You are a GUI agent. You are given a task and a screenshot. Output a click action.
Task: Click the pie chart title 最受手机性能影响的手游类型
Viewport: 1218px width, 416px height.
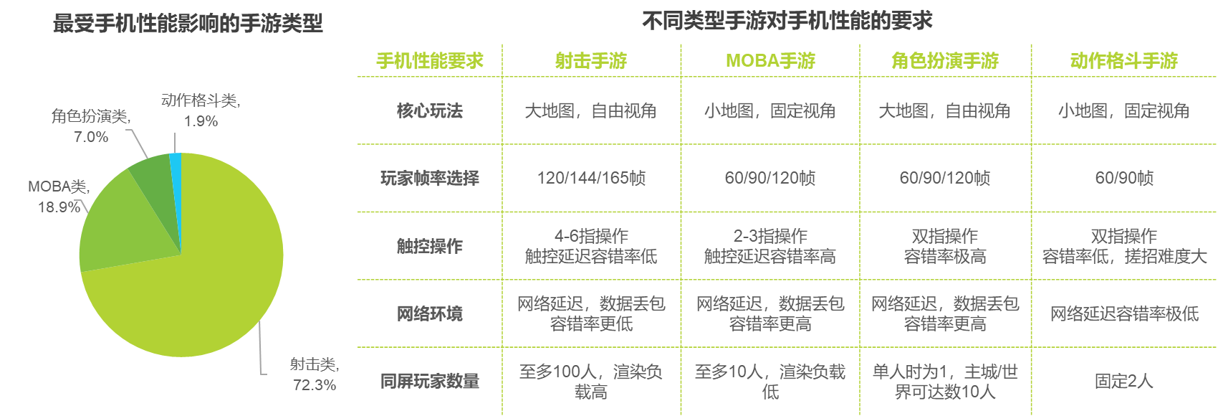click(188, 24)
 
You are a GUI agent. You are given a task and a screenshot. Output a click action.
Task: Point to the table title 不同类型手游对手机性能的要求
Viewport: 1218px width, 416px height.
click(787, 21)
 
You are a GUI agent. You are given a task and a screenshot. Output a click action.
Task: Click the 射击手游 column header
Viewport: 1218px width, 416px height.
click(591, 61)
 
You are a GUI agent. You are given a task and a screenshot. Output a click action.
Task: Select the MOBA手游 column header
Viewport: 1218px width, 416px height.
click(770, 61)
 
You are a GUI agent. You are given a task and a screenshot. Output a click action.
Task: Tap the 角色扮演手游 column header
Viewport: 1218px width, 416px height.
click(944, 61)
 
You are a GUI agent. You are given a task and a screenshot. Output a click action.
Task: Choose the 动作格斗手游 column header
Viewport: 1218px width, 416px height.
click(1123, 61)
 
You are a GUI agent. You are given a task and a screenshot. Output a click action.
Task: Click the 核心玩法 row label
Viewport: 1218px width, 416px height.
click(430, 110)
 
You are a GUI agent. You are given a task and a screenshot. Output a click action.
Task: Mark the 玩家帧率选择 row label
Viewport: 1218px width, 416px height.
click(430, 178)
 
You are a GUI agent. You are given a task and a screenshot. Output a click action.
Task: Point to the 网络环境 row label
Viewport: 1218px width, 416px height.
click(430, 313)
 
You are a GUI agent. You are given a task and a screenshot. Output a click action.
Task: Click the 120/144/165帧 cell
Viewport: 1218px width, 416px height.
click(591, 178)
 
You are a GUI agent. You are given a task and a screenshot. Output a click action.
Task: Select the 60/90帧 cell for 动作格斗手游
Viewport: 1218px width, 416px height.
click(1123, 178)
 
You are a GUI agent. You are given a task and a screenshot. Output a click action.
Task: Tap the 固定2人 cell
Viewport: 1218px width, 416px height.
click(1123, 381)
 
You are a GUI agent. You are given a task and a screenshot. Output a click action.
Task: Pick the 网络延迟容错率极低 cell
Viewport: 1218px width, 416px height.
click(1123, 313)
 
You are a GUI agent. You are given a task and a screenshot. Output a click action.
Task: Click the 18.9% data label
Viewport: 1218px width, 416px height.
click(59, 207)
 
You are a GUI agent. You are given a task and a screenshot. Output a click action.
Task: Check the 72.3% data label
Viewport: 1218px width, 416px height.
click(314, 384)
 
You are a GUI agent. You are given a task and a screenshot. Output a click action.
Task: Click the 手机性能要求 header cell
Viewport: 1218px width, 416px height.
click(430, 61)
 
